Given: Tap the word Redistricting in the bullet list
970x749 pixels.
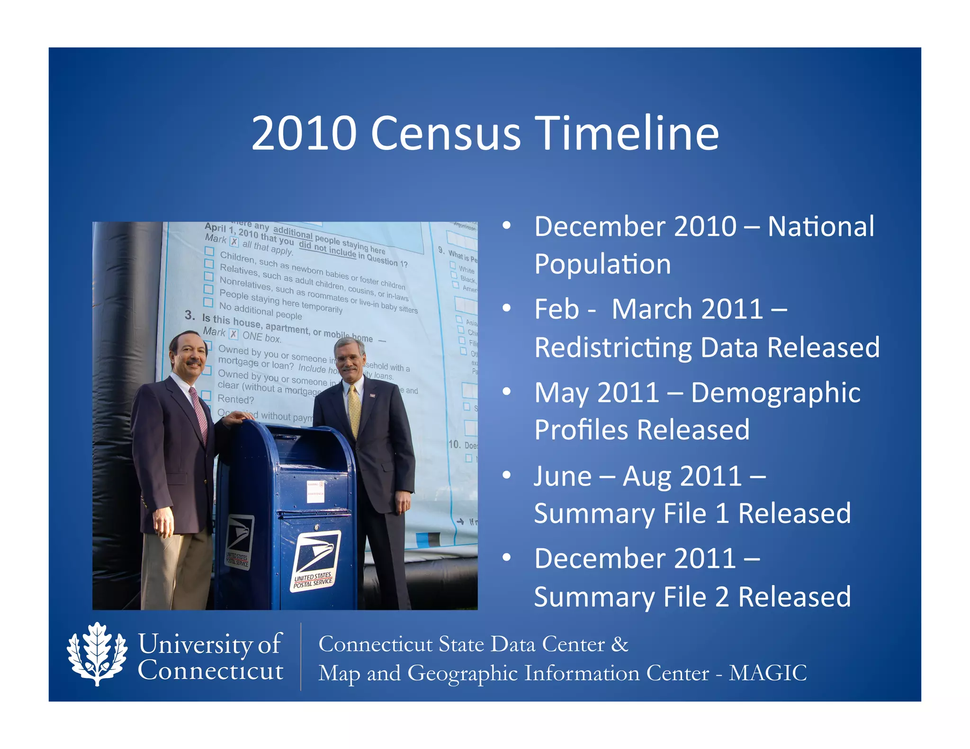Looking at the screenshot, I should (613, 348).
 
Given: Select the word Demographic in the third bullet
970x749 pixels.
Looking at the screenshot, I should (775, 393).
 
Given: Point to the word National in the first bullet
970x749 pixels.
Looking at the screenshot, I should (821, 226).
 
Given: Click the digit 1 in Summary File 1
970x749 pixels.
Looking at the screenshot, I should (722, 513).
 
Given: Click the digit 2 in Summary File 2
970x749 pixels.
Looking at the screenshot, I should (722, 597).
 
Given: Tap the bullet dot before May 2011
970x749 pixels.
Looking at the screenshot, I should (507, 392).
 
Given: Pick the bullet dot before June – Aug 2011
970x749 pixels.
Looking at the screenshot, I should (507, 475).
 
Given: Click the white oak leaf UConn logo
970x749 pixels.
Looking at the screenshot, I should (97, 654).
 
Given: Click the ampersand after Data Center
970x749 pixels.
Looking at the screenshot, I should (620, 644).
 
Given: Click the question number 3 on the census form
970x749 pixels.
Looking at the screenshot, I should (189, 315).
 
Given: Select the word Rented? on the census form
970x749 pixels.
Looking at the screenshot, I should (235, 399).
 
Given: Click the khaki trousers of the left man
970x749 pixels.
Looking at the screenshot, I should (176, 568).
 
